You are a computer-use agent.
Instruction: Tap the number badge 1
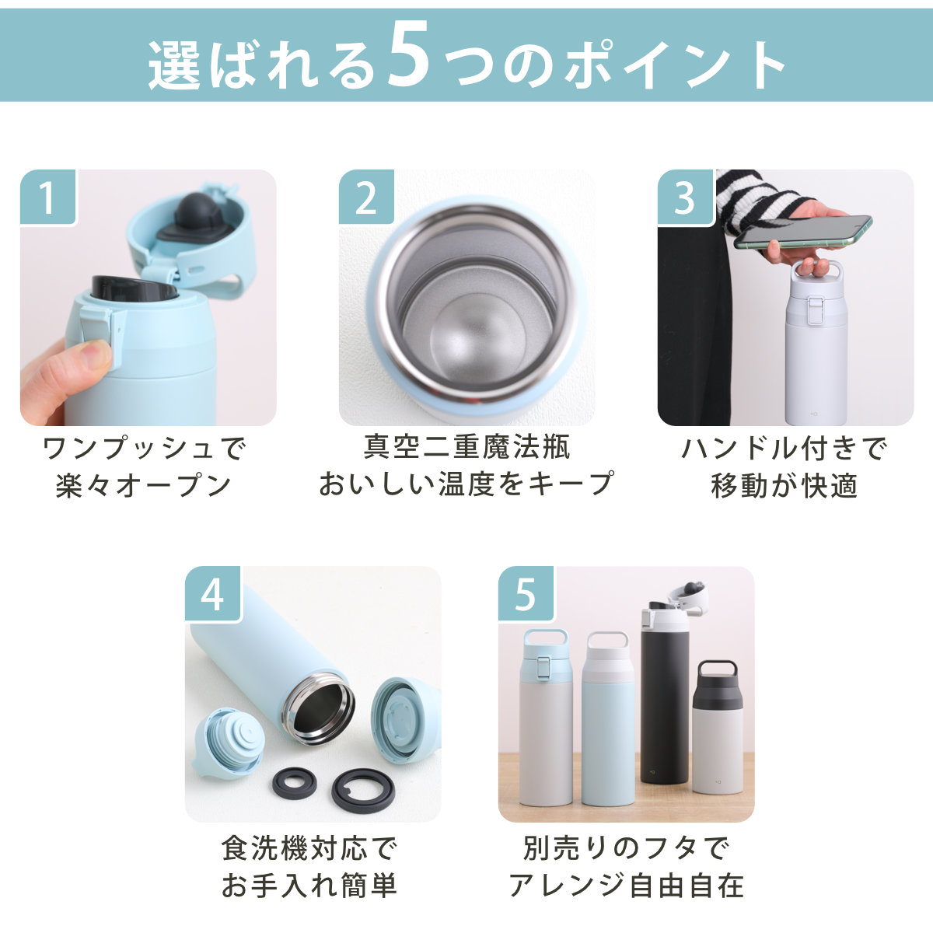48,197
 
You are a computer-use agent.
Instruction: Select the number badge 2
366,197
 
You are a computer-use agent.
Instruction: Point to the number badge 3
685,197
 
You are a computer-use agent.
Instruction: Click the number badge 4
213,593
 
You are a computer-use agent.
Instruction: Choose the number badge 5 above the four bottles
526,593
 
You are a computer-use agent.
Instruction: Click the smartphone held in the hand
802,232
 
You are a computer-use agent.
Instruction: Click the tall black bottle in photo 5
664,693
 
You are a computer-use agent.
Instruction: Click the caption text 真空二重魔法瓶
467,447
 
